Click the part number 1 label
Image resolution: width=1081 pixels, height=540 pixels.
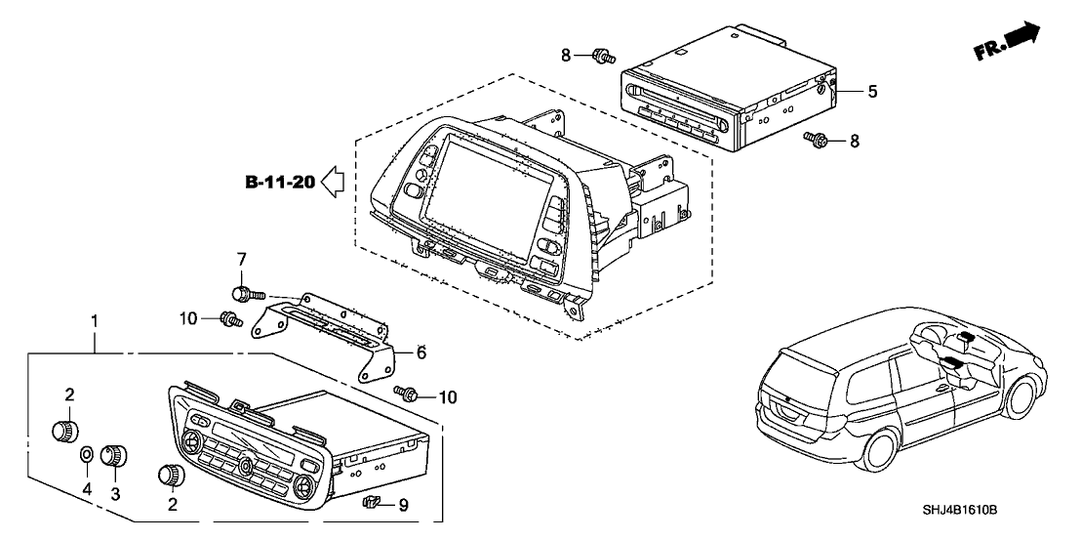(95, 320)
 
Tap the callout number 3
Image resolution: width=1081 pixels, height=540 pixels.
(116, 494)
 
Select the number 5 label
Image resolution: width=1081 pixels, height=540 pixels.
(872, 92)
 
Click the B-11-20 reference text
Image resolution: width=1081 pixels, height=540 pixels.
(279, 182)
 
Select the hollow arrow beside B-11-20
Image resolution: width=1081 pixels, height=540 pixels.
(332, 181)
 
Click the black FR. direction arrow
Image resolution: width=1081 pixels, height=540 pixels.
(1021, 36)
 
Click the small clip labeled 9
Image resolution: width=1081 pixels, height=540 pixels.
(370, 504)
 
